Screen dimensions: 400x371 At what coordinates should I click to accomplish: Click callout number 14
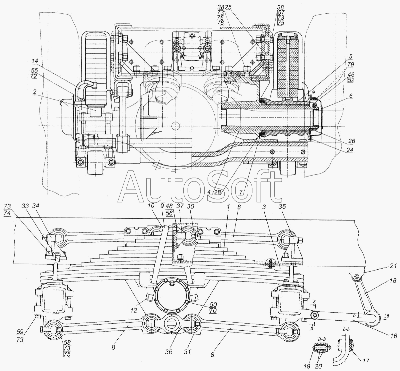point(34,61)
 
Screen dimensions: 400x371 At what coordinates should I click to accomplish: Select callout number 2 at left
point(35,92)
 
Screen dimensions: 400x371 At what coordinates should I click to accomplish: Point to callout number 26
point(351,141)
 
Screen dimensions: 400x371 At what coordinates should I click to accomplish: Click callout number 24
point(349,150)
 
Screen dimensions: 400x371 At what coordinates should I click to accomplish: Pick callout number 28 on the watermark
point(218,192)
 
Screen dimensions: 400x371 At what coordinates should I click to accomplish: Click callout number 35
point(283,207)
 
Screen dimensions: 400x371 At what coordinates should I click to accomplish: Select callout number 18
point(393,280)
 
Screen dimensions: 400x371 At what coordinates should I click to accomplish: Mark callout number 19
point(307,366)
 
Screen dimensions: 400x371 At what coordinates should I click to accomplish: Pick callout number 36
point(169,351)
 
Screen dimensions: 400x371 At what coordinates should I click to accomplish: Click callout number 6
point(351,96)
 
